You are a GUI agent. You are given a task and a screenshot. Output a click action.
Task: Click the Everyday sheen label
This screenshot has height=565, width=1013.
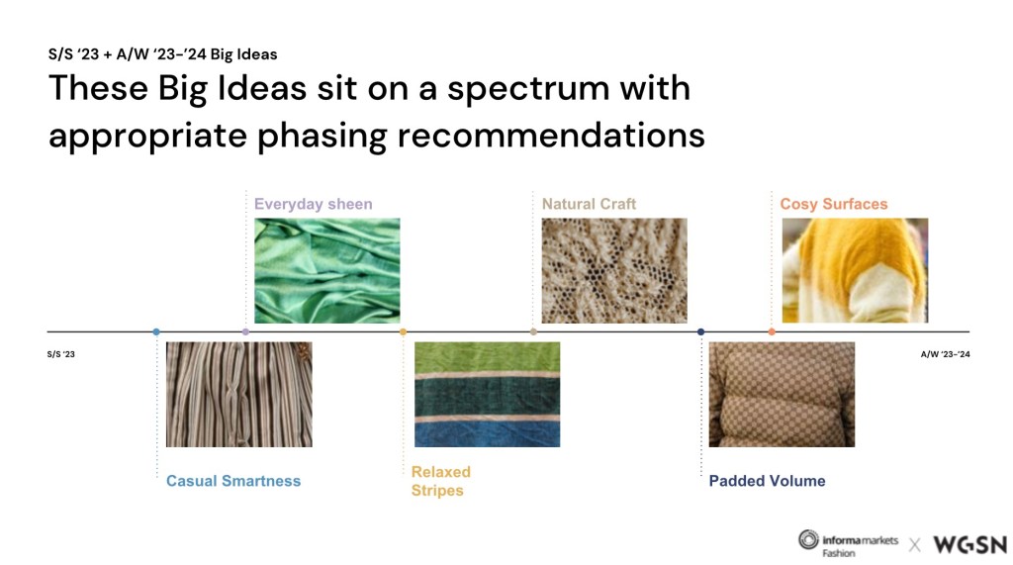314,204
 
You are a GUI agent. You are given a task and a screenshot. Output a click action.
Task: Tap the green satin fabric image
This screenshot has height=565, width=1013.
326,271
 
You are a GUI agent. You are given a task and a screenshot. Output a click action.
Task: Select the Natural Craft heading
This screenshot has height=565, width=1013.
589,204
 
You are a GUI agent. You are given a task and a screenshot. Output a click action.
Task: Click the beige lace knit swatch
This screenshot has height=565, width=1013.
614,271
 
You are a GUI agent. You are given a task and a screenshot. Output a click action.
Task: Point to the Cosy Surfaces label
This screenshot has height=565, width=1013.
834,204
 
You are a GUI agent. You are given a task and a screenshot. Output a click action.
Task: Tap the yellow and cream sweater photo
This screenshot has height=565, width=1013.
855,271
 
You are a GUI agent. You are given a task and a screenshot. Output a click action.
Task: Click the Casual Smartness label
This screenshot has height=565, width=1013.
233,481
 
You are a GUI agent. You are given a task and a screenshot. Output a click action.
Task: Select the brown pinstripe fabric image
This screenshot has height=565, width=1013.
239,395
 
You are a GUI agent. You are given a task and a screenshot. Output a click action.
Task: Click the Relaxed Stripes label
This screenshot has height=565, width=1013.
441,481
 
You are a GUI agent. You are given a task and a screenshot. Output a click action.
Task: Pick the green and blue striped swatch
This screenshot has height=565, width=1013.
487,395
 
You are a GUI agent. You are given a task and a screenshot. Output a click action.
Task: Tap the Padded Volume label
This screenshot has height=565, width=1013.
767,481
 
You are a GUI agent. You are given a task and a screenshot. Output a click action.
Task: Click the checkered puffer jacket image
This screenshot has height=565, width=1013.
782,395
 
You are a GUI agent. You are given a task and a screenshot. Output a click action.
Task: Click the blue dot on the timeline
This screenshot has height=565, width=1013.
156,331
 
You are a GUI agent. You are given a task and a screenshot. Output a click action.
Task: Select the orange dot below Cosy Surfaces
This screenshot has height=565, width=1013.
772,331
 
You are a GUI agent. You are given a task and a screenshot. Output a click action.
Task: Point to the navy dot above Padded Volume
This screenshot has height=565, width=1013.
701,331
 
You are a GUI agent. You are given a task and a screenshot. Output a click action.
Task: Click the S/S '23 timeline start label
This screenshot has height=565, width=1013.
60,354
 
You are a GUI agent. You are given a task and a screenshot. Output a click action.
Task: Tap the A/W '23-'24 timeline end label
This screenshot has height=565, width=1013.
945,354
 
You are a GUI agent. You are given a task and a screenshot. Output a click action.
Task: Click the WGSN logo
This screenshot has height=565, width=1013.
969,545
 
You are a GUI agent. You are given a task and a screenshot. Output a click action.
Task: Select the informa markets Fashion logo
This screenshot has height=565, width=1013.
848,543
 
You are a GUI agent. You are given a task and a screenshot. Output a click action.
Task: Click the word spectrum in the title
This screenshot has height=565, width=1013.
528,89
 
